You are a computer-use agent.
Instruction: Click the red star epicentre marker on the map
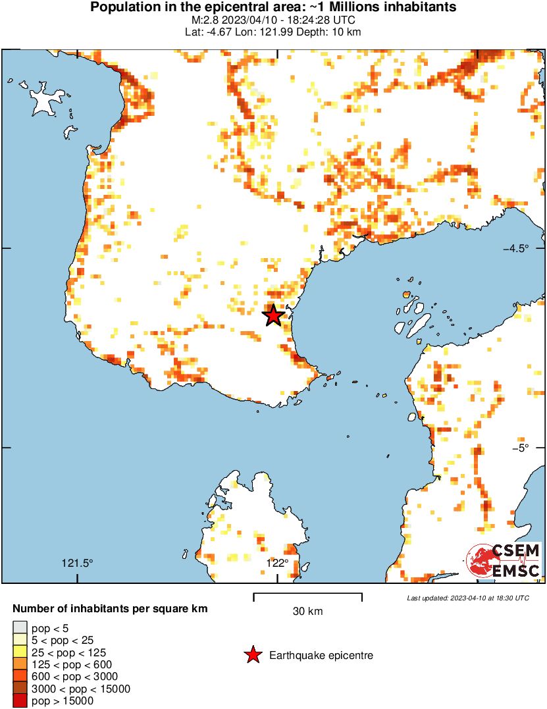click(273, 316)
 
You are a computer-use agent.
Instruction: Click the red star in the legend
click(252, 655)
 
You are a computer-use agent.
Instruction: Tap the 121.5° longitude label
click(78, 563)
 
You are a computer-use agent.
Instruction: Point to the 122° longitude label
click(277, 563)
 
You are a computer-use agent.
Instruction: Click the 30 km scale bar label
click(307, 612)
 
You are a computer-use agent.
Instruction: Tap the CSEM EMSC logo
click(504, 561)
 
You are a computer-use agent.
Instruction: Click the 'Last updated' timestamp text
click(467, 598)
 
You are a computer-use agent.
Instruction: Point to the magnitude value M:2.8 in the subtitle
click(199, 20)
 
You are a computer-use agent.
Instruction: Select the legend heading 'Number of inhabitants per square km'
click(110, 609)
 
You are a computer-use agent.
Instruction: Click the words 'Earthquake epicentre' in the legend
click(321, 656)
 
